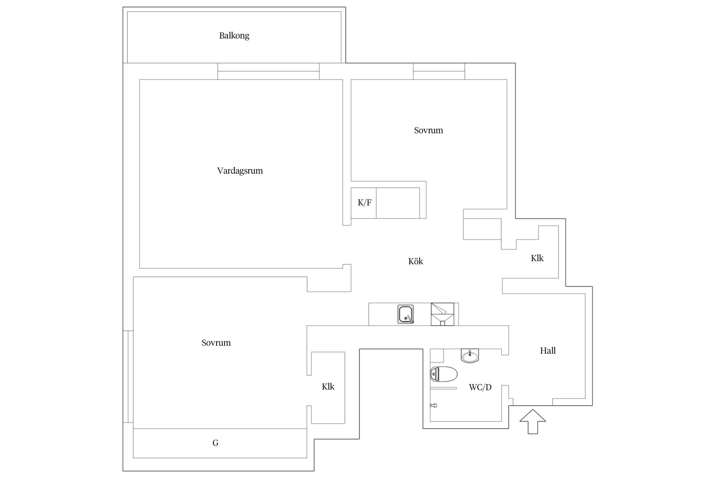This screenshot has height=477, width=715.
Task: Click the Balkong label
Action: point(234,36)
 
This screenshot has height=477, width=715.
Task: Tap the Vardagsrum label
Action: point(240,171)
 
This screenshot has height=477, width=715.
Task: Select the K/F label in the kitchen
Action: point(365,203)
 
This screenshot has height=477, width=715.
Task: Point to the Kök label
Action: point(416,261)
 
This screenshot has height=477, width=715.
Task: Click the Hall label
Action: point(548,350)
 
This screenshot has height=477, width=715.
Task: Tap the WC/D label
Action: point(480,387)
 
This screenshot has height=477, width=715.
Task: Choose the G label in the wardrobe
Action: point(215,443)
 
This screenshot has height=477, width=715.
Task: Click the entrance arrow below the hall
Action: point(533,421)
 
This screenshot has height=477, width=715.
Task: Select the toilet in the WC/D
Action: point(444,374)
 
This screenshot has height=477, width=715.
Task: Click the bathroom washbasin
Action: point(470,356)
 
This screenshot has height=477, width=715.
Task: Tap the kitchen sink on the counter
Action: point(406,314)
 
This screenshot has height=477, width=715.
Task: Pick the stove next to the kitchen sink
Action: point(442,314)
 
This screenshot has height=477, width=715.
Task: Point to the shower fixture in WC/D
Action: point(433,405)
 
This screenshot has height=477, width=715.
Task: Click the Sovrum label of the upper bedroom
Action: point(429,130)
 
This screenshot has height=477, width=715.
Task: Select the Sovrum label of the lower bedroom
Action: point(216,343)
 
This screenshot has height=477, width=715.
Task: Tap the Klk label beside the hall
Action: point(537,258)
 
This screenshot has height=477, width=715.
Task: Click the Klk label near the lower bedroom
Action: point(328,386)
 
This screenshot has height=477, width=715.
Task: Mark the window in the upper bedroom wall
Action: point(439,71)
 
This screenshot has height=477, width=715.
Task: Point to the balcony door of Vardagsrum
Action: point(268,71)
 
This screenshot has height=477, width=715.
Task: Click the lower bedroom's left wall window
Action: point(128,376)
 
